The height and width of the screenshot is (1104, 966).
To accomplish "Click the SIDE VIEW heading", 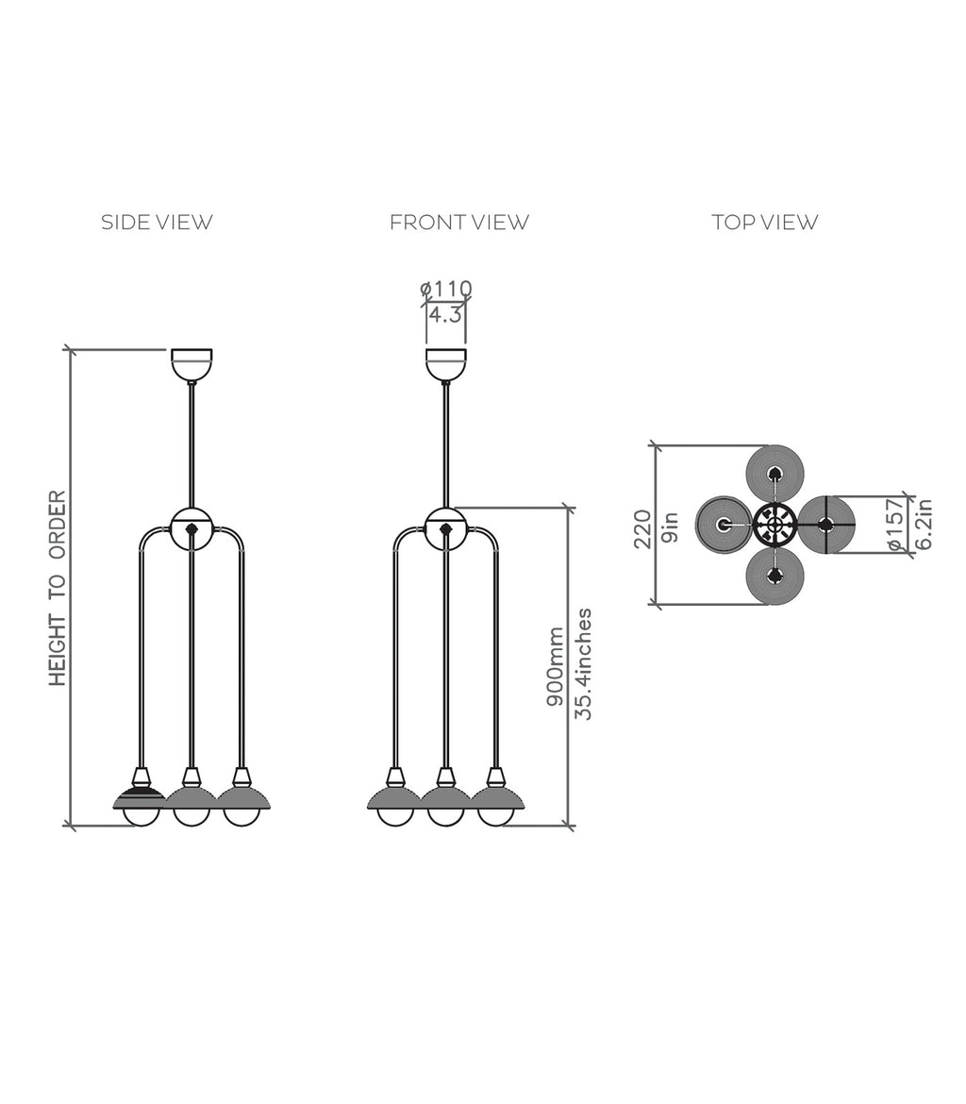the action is [x=157, y=223].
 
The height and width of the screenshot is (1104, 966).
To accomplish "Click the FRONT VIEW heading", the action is [x=459, y=223].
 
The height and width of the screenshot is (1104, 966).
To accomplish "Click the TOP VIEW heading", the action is [x=765, y=223].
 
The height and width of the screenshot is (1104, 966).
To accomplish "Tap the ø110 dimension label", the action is [x=445, y=289].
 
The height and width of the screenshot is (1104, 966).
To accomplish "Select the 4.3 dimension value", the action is [x=445, y=315].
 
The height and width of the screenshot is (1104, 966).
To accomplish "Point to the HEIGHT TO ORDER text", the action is [x=58, y=588].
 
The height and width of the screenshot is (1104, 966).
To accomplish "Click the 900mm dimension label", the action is [x=556, y=666].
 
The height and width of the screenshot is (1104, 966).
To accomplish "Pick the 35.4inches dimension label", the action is [x=584, y=664].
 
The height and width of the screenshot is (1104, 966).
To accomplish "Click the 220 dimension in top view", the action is [x=642, y=528].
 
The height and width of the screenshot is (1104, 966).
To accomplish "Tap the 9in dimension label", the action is [x=671, y=527].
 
